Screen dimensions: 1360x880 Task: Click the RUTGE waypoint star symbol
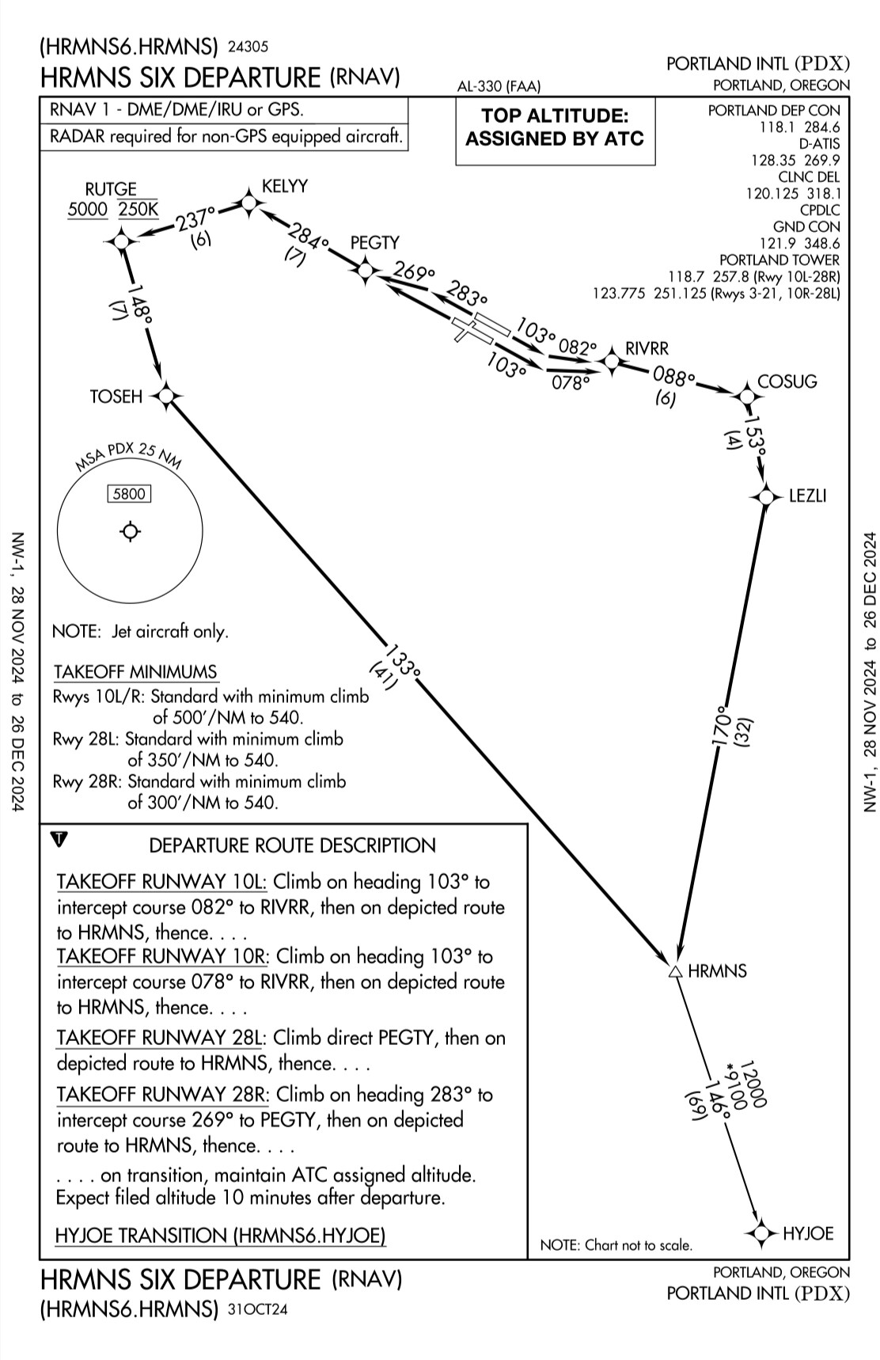pos(121,240)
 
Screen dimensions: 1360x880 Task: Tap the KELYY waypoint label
pos(285,186)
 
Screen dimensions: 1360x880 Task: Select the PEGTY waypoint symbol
pos(365,271)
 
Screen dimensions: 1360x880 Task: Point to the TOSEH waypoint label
pos(116,396)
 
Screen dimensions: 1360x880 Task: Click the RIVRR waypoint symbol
pos(611,363)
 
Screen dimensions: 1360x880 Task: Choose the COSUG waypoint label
pos(787,382)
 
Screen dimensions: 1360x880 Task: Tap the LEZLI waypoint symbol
pos(765,496)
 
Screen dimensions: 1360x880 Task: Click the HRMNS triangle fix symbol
pos(675,971)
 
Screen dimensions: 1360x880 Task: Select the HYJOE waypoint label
pos(808,1233)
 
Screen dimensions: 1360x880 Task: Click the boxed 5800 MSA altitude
pos(130,494)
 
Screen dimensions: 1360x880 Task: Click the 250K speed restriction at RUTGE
pos(138,210)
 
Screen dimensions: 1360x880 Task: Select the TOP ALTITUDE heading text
pos(555,116)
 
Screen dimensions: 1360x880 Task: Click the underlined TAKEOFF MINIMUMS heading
pos(135,672)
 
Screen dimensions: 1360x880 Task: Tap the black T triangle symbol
pos(60,838)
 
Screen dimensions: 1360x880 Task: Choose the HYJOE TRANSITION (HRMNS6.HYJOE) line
pos(221,1235)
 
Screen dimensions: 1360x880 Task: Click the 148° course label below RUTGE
pos(141,302)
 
